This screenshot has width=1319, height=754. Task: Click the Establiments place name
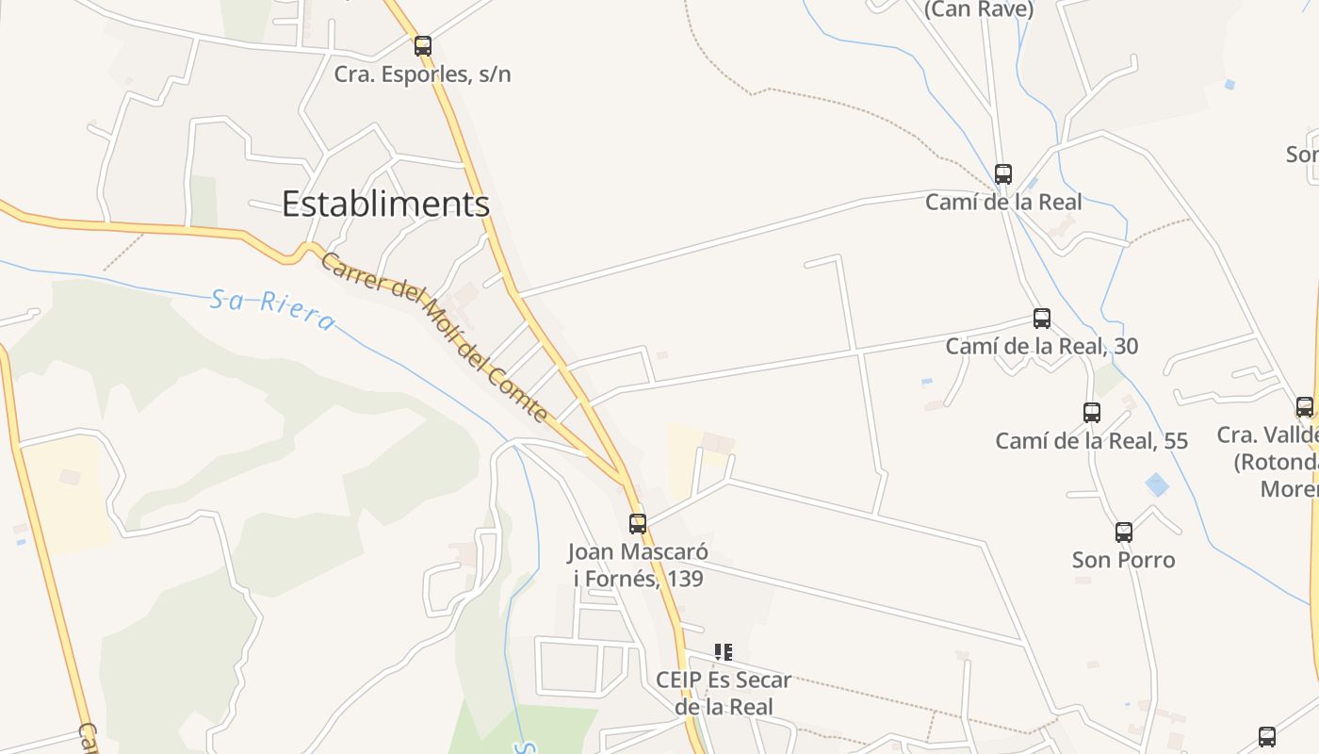[x=385, y=204]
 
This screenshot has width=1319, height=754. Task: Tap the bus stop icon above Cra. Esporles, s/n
[x=423, y=45]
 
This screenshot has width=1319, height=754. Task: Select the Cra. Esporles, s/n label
[x=423, y=74]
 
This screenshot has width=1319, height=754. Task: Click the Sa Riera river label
[x=272, y=310]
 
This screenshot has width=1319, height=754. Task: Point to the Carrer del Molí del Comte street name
[x=434, y=336]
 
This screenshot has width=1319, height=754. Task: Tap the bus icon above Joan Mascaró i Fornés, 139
[x=638, y=523]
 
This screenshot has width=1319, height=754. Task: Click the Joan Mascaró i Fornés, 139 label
[x=638, y=565]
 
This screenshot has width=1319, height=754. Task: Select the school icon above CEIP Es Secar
[x=723, y=651]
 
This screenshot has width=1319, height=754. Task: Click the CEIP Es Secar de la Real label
[x=724, y=693]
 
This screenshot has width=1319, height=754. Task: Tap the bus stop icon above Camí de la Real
[x=1003, y=174]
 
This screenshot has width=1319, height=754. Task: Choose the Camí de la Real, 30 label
[x=1042, y=346]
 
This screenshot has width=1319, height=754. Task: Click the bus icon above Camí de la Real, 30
[x=1042, y=319]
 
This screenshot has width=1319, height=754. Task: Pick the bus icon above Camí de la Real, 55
[x=1092, y=412]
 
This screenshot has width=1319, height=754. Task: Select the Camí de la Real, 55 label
[x=1092, y=440]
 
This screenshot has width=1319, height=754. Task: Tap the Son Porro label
[x=1124, y=560]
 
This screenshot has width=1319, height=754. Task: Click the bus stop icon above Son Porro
[x=1124, y=533]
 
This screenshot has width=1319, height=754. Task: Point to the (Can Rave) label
[x=979, y=9]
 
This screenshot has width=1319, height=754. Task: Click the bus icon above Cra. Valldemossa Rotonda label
[x=1305, y=407]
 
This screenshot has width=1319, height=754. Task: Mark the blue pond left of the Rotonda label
[x=1156, y=484]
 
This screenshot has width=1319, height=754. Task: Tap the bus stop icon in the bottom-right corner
[x=1267, y=736]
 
